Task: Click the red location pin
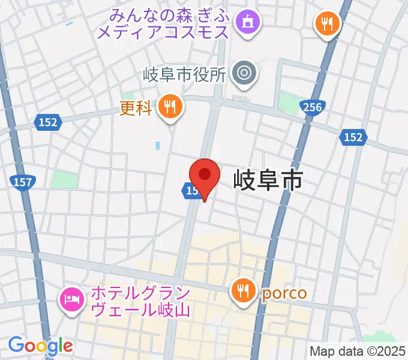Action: coord(205,176)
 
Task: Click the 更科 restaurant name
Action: coord(136,109)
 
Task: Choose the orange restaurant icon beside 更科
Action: coord(171,107)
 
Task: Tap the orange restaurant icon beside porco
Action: coord(243,292)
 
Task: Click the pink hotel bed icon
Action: coord(72,298)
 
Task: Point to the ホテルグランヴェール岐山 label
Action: coord(139,302)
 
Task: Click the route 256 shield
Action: coord(313,107)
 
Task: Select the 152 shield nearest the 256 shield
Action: coord(353,137)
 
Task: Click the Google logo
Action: coord(40,346)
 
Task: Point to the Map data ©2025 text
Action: coord(358,351)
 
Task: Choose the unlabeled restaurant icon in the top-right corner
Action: coord(327,25)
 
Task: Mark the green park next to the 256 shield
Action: coord(290,103)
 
